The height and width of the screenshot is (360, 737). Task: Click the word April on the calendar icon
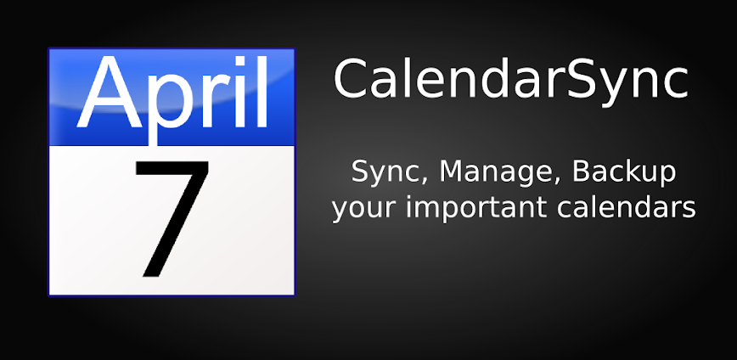click(x=172, y=95)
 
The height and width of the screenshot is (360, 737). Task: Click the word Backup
click(x=624, y=172)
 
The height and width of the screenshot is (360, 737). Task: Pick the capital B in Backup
click(x=582, y=172)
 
